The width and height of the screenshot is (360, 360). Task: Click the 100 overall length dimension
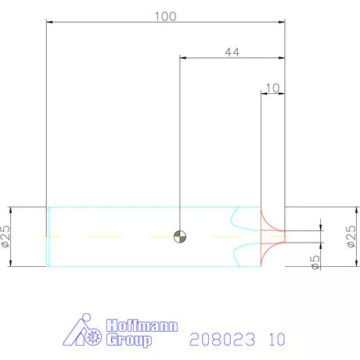click(x=166, y=16)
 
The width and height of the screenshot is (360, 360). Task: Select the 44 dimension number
click(x=232, y=52)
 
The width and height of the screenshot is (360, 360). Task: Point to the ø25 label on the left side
click(x=6, y=236)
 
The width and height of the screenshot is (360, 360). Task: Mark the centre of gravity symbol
click(x=180, y=235)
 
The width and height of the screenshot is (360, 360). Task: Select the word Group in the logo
click(x=128, y=340)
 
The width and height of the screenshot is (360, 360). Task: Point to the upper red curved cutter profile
click(x=270, y=218)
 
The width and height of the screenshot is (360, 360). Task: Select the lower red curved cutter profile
click(x=270, y=252)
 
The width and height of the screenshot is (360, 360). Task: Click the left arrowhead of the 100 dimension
click(x=52, y=23)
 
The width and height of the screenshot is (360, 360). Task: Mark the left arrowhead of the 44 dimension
click(x=185, y=57)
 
